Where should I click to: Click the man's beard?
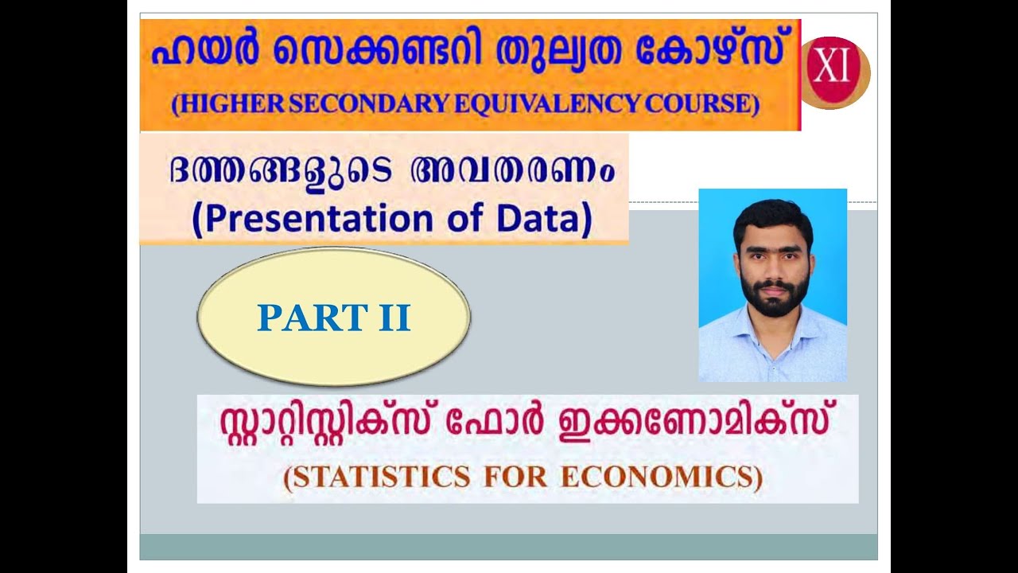pyautogui.click(x=772, y=297)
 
